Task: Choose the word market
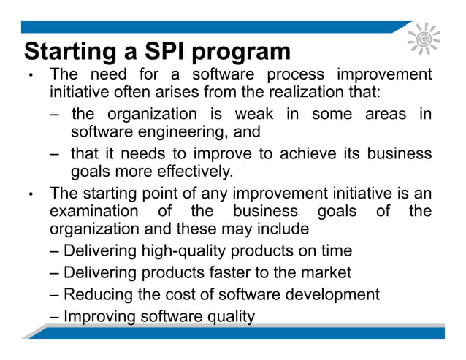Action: pos(326,273)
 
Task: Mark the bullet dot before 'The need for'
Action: pos(30,77)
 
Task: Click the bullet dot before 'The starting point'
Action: pos(30,195)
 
